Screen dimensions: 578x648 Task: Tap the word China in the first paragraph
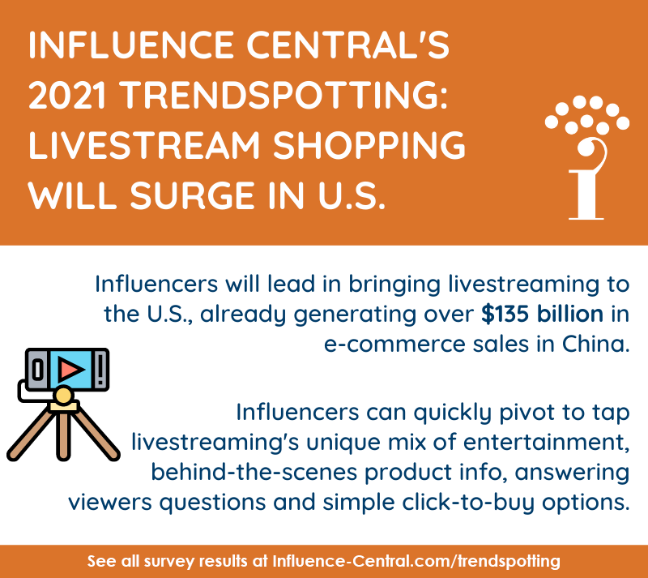595,343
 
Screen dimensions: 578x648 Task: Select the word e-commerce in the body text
381,343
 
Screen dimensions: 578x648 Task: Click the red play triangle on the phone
71,369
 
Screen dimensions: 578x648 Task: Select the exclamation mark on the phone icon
99,370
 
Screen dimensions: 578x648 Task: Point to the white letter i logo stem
586,191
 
